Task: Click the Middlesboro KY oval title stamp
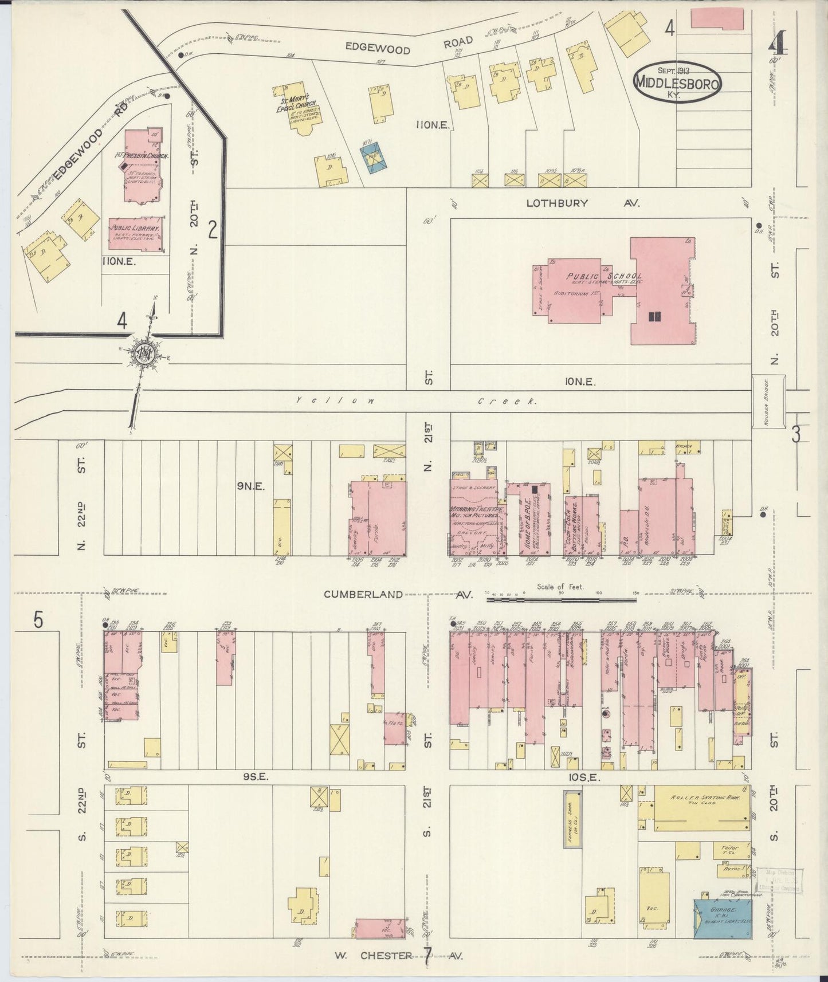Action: pyautogui.click(x=677, y=83)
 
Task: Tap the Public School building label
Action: pyautogui.click(x=604, y=277)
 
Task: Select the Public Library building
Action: pyautogui.click(x=136, y=233)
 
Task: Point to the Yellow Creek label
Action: pyautogui.click(x=415, y=402)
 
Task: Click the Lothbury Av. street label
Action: pyautogui.click(x=582, y=203)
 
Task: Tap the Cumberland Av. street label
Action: pyautogui.click(x=398, y=595)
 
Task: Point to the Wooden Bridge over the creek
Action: pyautogui.click(x=768, y=402)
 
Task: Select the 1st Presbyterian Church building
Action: pyautogui.click(x=143, y=166)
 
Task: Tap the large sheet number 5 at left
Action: pyautogui.click(x=38, y=620)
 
